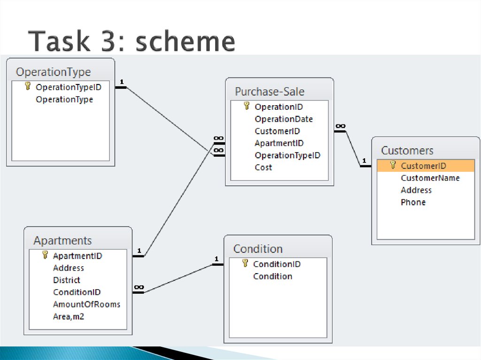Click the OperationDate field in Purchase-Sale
tap(283, 119)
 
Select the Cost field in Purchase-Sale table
tap(263, 168)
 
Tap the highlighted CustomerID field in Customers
tap(423, 166)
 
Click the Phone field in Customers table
tap(413, 202)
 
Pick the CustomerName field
tap(430, 178)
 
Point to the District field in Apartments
tap(66, 280)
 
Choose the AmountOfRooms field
tap(86, 304)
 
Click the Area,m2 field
tap(69, 316)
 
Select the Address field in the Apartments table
tap(68, 268)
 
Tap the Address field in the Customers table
tap(416, 190)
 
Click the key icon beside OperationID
tap(246, 106)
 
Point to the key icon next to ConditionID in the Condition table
tap(245, 263)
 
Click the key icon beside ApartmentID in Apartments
tap(45, 255)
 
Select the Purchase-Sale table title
tap(270, 92)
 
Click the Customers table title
tap(407, 151)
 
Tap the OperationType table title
tap(54, 72)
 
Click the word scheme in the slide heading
tap(185, 41)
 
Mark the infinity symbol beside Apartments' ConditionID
tap(139, 287)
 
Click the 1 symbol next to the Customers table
tap(364, 161)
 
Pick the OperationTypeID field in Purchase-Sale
tap(287, 155)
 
